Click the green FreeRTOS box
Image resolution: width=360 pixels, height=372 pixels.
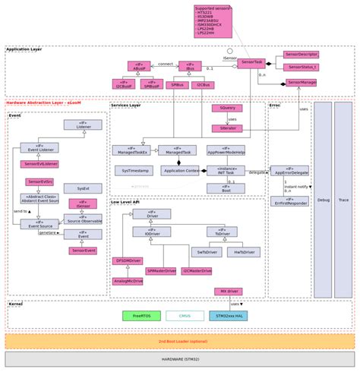point(141,316)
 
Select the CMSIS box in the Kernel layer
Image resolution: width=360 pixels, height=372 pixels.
point(185,316)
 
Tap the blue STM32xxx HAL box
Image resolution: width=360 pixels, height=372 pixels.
point(228,316)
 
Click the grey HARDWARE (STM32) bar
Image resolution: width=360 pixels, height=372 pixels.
point(179,359)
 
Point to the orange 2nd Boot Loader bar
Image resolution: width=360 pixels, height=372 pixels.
point(179,341)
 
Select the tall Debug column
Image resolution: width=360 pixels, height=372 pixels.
point(323,200)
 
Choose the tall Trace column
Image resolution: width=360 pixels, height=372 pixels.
point(343,200)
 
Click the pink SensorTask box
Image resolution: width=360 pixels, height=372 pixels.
point(251,63)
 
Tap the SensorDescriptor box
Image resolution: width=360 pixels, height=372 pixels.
point(301,55)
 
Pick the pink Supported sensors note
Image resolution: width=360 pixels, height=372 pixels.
point(213,21)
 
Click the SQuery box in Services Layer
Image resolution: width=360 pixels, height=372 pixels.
point(227,109)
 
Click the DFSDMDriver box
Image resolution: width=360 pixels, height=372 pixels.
point(128,260)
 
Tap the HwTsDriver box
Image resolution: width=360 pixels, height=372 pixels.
point(243,252)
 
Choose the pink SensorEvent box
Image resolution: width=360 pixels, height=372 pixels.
point(84,251)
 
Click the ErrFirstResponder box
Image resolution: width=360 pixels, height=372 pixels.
point(289,201)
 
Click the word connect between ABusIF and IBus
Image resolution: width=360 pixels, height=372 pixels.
point(165,64)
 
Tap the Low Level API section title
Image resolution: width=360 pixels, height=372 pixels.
point(125,202)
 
